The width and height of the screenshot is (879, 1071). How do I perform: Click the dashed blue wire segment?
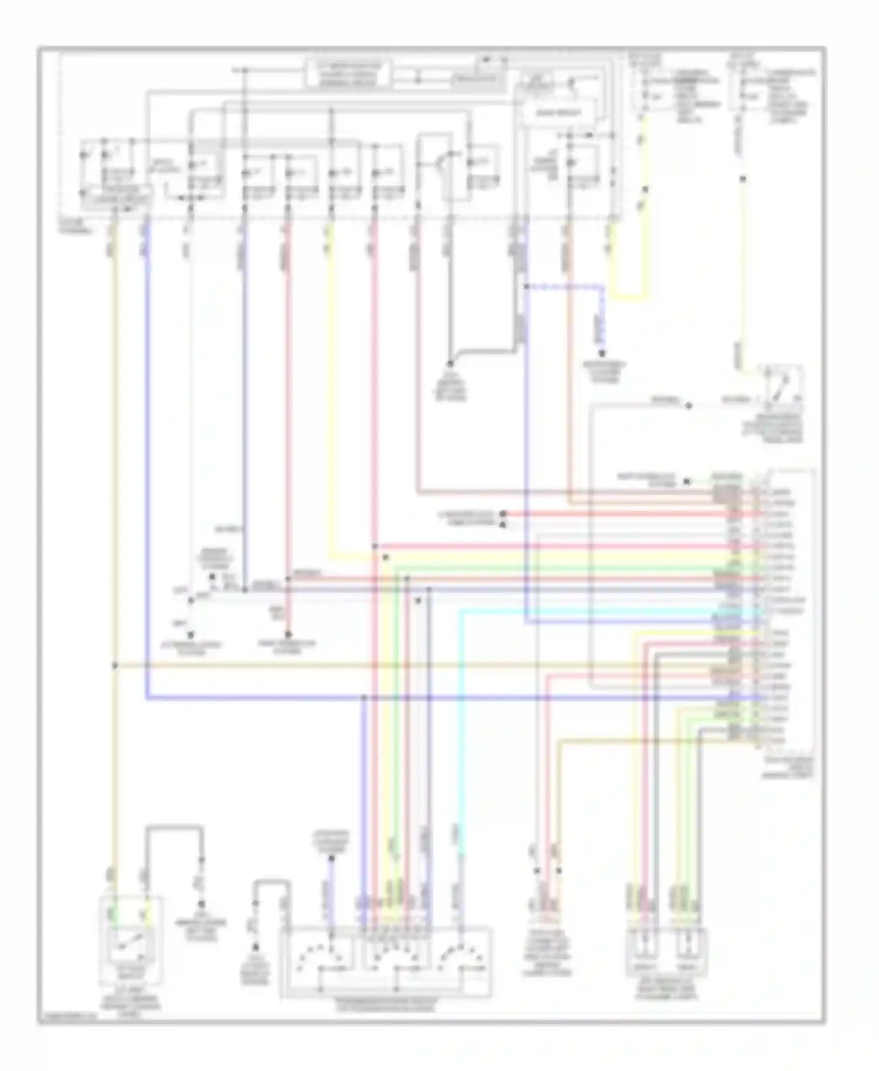[565, 286]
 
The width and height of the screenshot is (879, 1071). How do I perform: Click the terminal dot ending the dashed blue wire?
[602, 353]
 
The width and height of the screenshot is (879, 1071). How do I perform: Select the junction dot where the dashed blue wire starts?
[526, 286]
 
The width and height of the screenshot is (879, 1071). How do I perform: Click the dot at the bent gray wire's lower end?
[450, 363]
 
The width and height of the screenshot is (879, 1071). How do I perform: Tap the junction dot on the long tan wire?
[115, 666]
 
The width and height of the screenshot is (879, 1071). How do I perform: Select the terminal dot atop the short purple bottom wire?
[331, 859]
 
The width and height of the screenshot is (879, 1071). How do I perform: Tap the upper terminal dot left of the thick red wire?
[503, 514]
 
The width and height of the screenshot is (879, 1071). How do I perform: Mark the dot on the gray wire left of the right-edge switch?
[689, 405]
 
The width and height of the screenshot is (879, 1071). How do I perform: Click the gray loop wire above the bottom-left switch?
[174, 827]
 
